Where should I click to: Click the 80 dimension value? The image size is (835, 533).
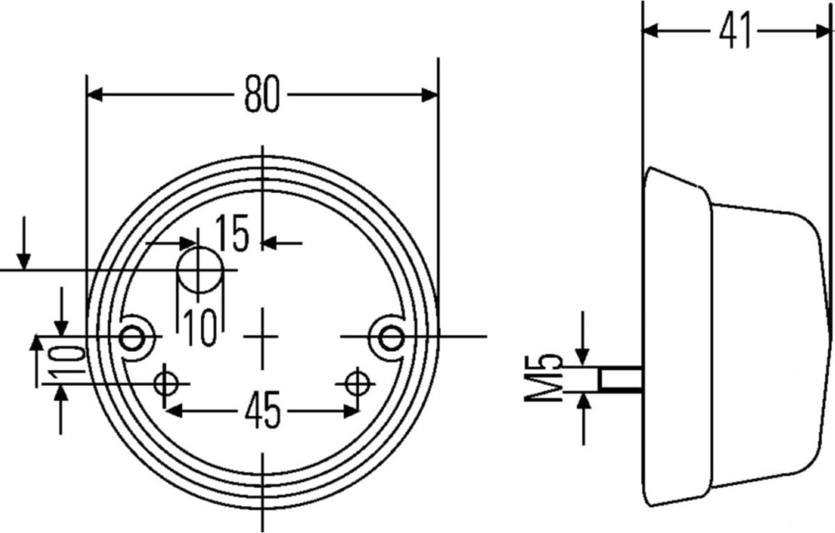click(261, 94)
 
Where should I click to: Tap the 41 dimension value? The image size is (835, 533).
click(735, 30)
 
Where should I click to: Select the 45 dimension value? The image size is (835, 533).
click(262, 411)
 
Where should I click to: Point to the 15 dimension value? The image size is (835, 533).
click(233, 233)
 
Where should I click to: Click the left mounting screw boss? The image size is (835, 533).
click(133, 338)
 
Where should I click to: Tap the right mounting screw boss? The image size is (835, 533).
click(392, 338)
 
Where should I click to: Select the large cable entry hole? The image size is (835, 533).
click(200, 270)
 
